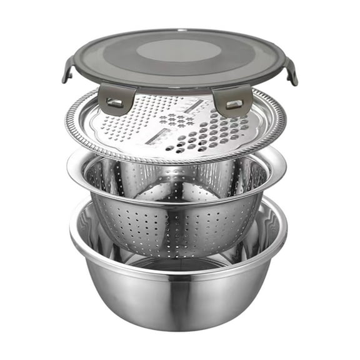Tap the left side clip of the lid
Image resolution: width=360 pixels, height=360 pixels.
pyautogui.click(x=68, y=69)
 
